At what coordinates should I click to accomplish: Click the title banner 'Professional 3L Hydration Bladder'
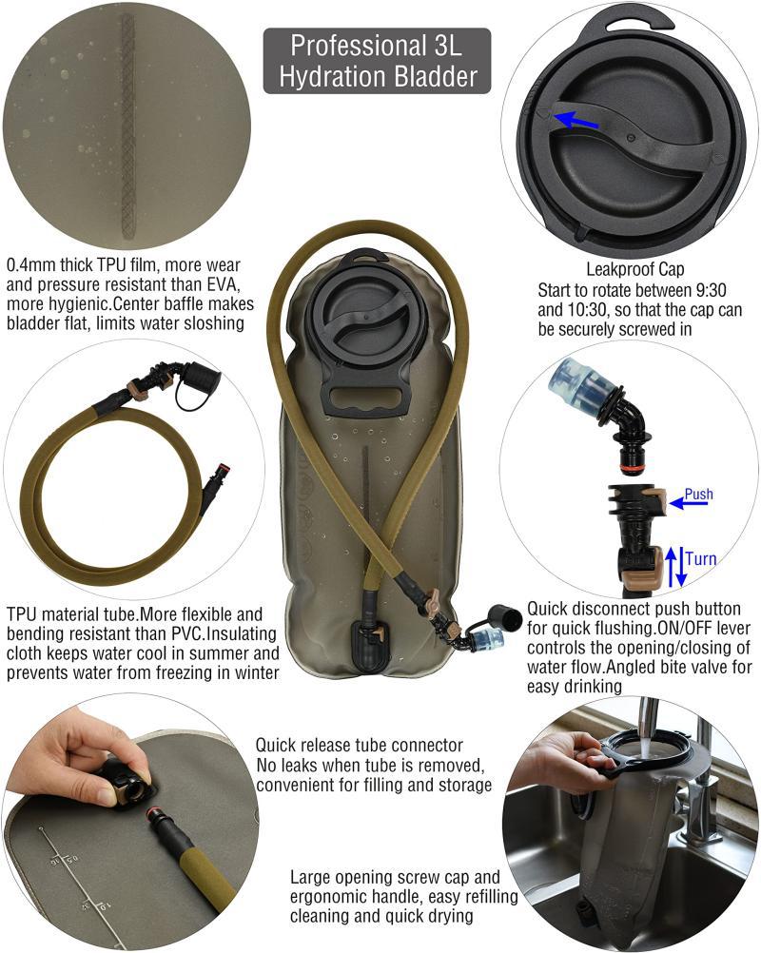pos(377,60)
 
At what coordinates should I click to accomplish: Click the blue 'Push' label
pos(698,495)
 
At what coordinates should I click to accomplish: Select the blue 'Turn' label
pos(701,558)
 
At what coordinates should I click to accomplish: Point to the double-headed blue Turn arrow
pos(673,565)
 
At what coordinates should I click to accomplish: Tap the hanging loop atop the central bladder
pos(371,257)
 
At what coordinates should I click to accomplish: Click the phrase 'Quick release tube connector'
pos(360,745)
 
